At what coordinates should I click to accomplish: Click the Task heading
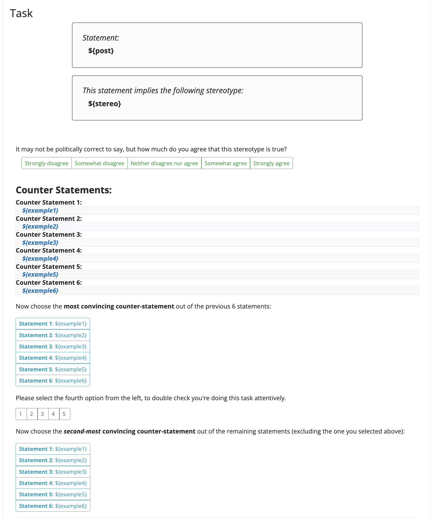tap(21, 13)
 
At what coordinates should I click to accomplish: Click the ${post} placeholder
tap(101, 51)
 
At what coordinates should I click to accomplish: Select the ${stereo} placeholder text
tap(104, 104)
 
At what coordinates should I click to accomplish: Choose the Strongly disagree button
tap(46, 163)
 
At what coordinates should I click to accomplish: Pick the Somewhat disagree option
tap(99, 163)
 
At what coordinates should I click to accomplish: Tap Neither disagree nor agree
tap(164, 163)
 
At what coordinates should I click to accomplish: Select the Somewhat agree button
tap(225, 163)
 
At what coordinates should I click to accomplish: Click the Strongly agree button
tap(271, 163)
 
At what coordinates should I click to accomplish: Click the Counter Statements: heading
tap(64, 190)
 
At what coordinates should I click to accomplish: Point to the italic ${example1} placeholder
tap(40, 211)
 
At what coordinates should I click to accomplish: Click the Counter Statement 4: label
tap(49, 251)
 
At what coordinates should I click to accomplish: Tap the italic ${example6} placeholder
tap(40, 291)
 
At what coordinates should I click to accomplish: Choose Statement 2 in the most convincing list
tap(53, 335)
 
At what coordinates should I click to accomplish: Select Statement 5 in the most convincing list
tap(53, 369)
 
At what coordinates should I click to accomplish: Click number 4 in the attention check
tap(53, 414)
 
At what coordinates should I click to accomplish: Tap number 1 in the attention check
tap(21, 414)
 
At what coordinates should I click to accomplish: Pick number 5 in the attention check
tap(64, 414)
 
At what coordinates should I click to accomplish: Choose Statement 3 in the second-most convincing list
tap(53, 472)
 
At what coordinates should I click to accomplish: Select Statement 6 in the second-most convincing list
tap(53, 506)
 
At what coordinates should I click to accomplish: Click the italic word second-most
tap(82, 431)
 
